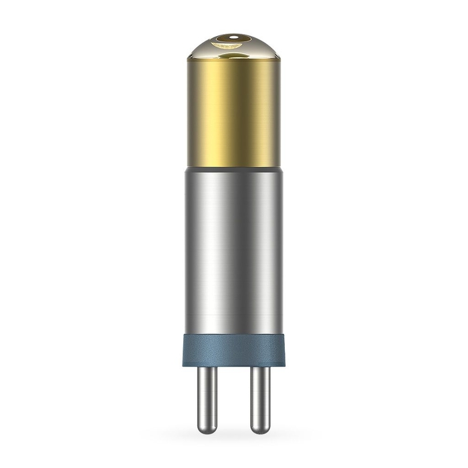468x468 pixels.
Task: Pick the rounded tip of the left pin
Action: pos(207,429)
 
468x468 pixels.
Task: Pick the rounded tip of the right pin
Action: pos(260,429)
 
